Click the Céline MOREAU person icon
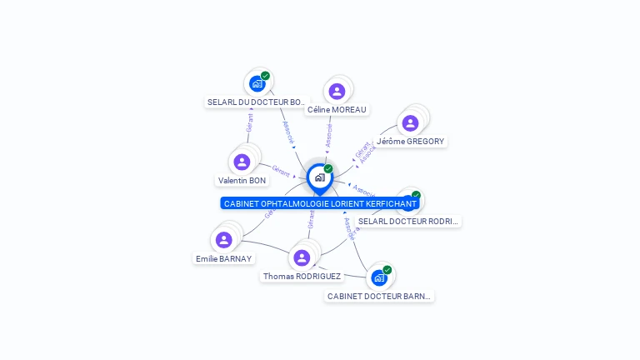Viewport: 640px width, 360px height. (x=337, y=91)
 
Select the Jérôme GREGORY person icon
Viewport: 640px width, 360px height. (x=410, y=123)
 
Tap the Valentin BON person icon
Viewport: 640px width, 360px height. (x=242, y=162)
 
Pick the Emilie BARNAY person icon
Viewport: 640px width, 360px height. (x=223, y=240)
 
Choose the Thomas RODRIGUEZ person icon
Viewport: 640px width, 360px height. (x=302, y=257)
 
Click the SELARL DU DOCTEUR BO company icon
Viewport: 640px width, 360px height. (x=257, y=83)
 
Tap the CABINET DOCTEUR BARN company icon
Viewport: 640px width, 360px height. (x=379, y=277)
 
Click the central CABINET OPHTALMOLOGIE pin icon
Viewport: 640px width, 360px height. (x=319, y=177)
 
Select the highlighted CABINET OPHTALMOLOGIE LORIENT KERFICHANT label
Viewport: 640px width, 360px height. (x=320, y=203)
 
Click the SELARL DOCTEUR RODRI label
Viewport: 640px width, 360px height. (x=408, y=221)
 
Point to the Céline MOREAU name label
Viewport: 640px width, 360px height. (x=337, y=109)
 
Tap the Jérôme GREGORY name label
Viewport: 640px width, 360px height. (x=410, y=142)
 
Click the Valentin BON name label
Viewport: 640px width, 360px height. (x=242, y=180)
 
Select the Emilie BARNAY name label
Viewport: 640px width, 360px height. (x=223, y=258)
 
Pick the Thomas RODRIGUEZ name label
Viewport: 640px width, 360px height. (x=302, y=276)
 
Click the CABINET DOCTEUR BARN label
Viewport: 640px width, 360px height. (x=380, y=296)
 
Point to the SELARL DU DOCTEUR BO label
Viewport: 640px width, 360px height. (x=257, y=102)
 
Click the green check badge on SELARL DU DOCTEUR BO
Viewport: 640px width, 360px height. (x=265, y=76)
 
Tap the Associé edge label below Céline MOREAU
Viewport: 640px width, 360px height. (x=328, y=136)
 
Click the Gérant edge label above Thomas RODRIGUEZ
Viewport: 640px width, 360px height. (x=311, y=219)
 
